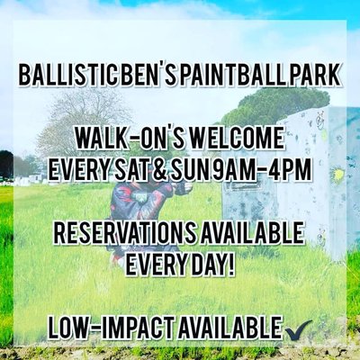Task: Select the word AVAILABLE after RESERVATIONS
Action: [x=250, y=233]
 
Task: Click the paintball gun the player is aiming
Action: [x=180, y=187]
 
